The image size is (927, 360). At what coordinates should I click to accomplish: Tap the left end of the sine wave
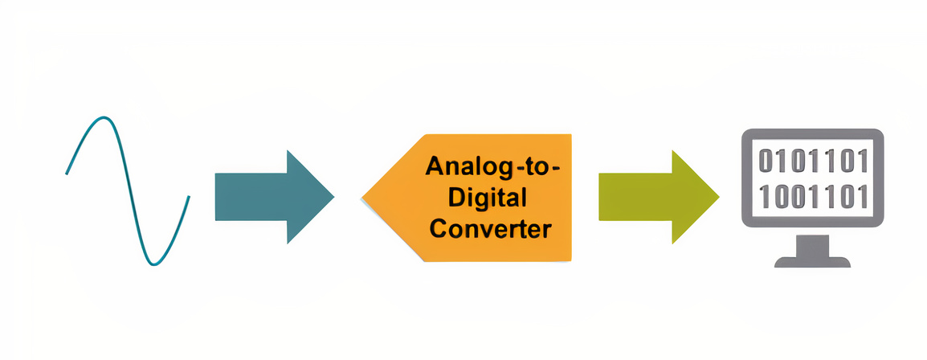[67, 173]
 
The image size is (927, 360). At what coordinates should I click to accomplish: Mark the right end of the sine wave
[189, 197]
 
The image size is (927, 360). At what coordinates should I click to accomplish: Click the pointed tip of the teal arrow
[333, 196]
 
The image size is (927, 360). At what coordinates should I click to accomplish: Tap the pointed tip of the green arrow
[718, 196]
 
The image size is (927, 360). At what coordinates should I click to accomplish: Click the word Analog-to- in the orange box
[494, 167]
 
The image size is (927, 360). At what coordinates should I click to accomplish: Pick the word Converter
[490, 228]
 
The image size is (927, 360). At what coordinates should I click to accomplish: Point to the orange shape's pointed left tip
[363, 197]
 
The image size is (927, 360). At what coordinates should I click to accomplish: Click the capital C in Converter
[438, 228]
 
